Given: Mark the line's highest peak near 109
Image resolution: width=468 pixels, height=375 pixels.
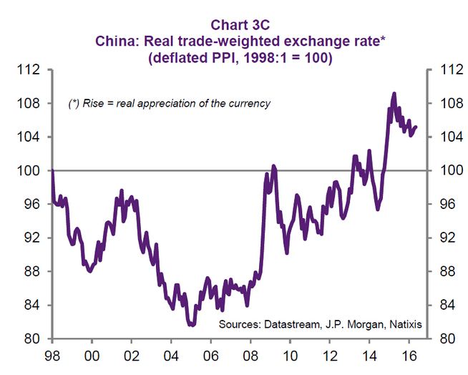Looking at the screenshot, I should (394, 93).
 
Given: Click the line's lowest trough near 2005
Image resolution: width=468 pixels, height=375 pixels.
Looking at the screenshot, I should (191, 325).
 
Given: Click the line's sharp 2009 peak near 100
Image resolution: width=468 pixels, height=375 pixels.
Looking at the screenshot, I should (273, 165).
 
